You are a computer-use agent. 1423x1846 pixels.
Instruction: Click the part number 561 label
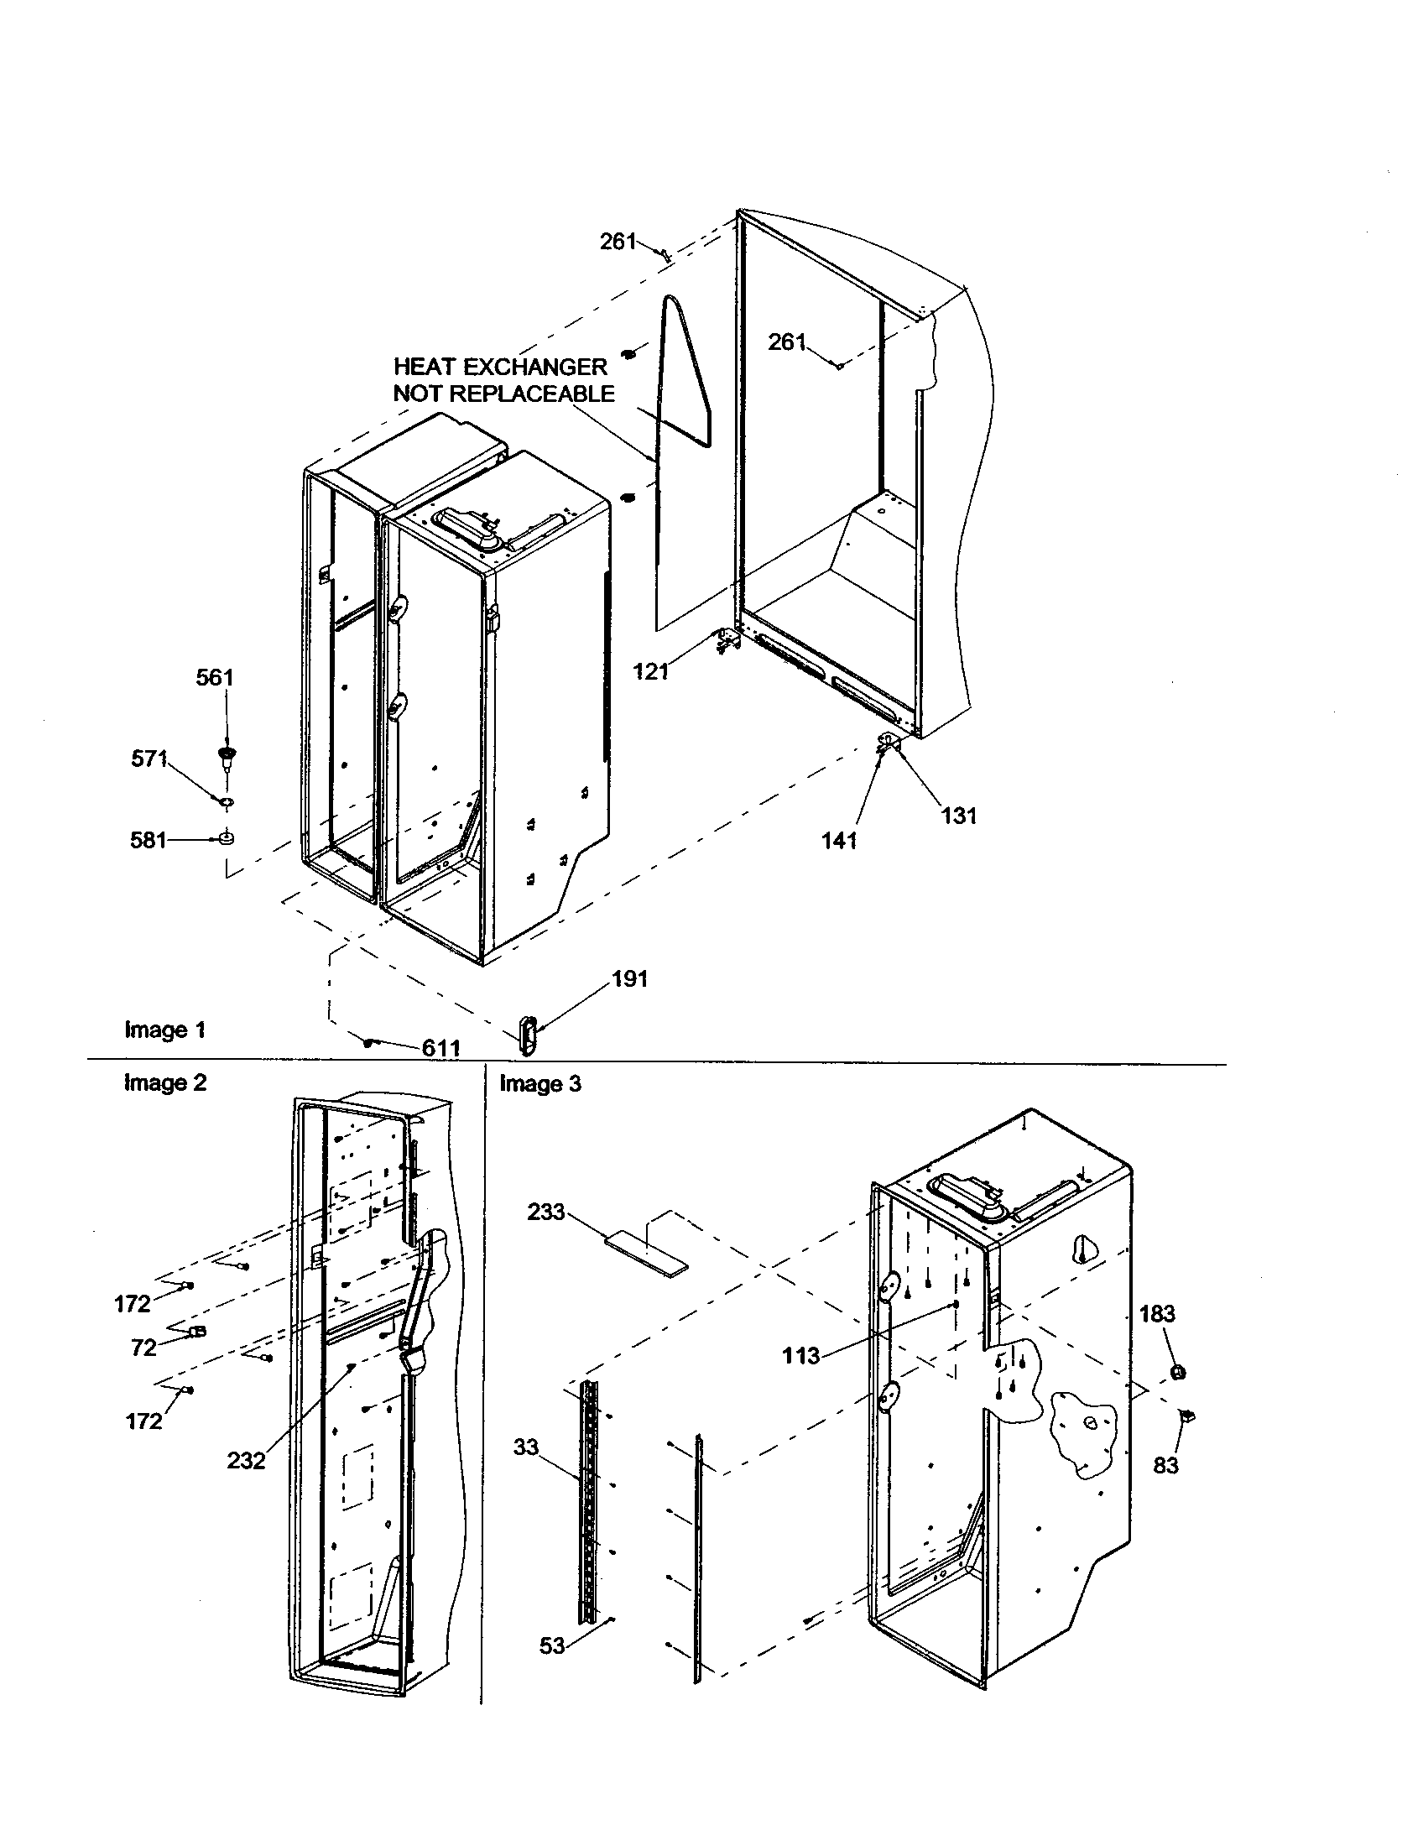pyautogui.click(x=215, y=678)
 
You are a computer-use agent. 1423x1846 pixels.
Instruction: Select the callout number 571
pyautogui.click(x=149, y=759)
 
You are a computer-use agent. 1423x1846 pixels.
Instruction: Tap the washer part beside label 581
pyautogui.click(x=227, y=839)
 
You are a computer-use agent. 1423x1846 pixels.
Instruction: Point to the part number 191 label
pyautogui.click(x=629, y=978)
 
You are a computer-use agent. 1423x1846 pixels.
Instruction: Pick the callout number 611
pyautogui.click(x=441, y=1048)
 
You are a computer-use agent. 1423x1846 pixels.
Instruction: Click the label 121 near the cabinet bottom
pyautogui.click(x=651, y=672)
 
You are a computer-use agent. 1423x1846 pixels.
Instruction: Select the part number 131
pyautogui.click(x=959, y=816)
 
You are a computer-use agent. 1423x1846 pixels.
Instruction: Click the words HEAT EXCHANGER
pyautogui.click(x=500, y=367)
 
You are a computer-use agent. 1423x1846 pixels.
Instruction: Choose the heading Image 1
pyautogui.click(x=164, y=1030)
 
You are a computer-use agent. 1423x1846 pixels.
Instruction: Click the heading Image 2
pyautogui.click(x=164, y=1082)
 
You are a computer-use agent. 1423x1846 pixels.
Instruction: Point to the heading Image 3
pyautogui.click(x=540, y=1083)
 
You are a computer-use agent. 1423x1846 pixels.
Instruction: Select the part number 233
pyautogui.click(x=546, y=1212)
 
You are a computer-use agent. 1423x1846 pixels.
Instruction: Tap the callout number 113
pyautogui.click(x=801, y=1356)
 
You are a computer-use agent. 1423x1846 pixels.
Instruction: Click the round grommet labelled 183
pyautogui.click(x=1180, y=1371)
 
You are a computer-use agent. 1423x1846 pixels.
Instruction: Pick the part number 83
pyautogui.click(x=1165, y=1465)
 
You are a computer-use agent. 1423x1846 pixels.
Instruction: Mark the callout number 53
pyautogui.click(x=552, y=1645)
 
